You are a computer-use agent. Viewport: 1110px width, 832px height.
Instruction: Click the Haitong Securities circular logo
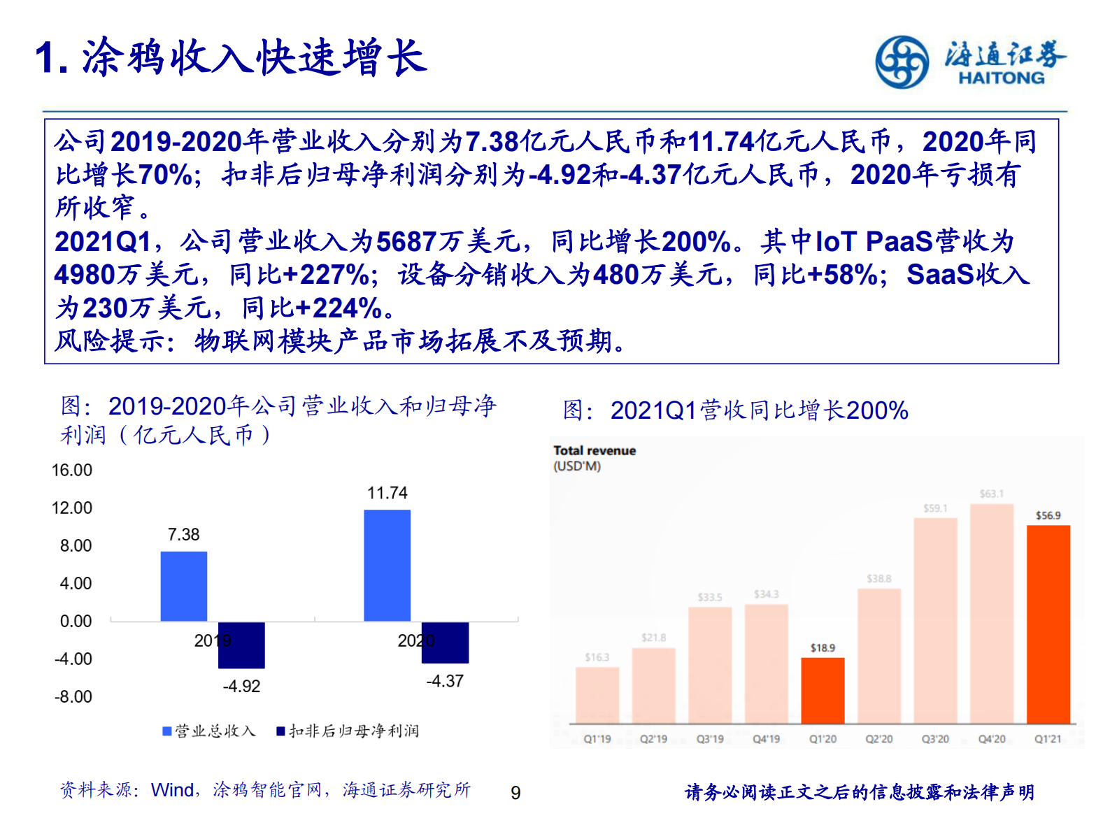point(902,62)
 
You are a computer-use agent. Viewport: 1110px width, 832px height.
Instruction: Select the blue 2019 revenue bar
point(184,586)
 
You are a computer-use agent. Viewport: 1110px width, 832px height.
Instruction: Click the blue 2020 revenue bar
point(387,565)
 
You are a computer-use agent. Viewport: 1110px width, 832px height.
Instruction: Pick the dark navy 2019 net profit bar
point(241,645)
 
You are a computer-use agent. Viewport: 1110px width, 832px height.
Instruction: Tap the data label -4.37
point(445,681)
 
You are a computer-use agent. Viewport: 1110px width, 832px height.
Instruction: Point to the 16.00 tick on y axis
point(72,471)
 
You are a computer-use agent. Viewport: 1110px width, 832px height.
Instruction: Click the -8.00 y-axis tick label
point(73,697)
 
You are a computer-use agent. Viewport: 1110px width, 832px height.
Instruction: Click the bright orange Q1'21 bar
point(1048,624)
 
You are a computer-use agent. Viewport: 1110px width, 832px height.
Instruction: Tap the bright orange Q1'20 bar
point(823,690)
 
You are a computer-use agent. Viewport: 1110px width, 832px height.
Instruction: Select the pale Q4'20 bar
point(991,613)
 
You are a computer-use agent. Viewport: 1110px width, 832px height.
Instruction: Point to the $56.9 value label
point(1048,516)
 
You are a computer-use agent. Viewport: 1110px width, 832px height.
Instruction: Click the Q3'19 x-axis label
point(709,739)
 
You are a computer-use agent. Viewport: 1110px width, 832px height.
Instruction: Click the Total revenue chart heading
point(595,451)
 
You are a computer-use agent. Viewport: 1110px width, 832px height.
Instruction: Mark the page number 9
point(515,793)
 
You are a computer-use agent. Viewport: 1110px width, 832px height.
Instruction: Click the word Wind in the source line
point(172,790)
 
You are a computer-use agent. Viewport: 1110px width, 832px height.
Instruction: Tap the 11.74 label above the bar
point(387,494)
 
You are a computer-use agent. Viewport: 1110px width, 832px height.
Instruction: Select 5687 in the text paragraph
point(406,242)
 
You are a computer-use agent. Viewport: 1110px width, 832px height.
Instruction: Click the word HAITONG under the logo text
point(1001,78)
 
